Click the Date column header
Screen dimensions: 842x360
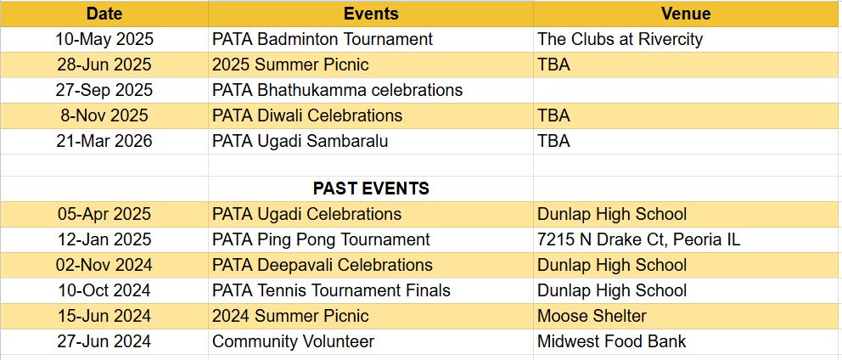(104, 14)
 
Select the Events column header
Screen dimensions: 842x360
(371, 14)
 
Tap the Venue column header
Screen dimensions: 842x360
(686, 14)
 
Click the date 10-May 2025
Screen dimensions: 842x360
(104, 39)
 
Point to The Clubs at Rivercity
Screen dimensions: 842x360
(620, 39)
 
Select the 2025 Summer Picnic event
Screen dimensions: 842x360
(290, 65)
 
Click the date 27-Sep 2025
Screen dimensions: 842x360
(104, 90)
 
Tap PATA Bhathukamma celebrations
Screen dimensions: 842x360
(337, 90)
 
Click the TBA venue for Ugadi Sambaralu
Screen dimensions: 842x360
(553, 141)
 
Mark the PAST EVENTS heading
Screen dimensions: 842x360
(371, 188)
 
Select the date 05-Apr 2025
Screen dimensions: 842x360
(104, 214)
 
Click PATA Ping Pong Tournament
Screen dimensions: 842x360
(321, 239)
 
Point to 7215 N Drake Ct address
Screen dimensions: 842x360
(639, 239)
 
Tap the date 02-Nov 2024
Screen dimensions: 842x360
(104, 265)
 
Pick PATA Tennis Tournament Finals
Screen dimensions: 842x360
(331, 290)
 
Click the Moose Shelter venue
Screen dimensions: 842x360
(592, 316)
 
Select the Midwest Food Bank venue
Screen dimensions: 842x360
(612, 341)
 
